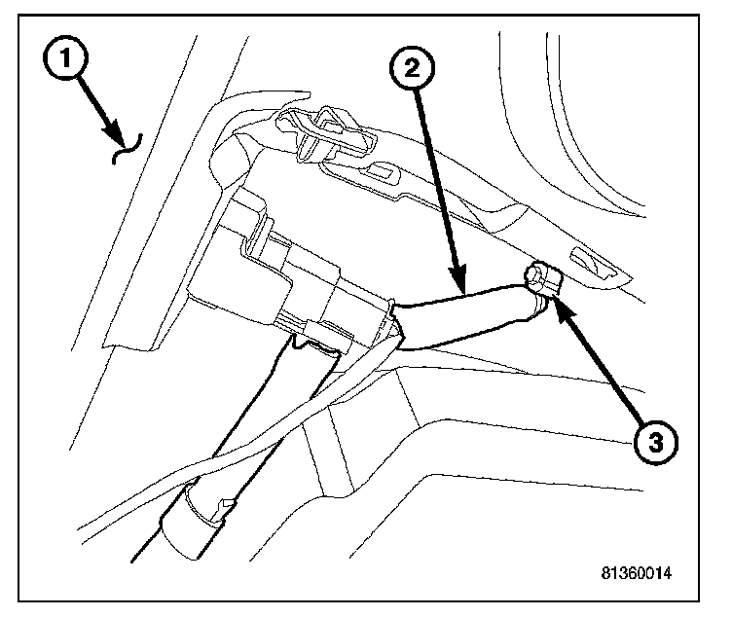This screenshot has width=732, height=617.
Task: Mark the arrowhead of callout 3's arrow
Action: pos(555,304)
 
